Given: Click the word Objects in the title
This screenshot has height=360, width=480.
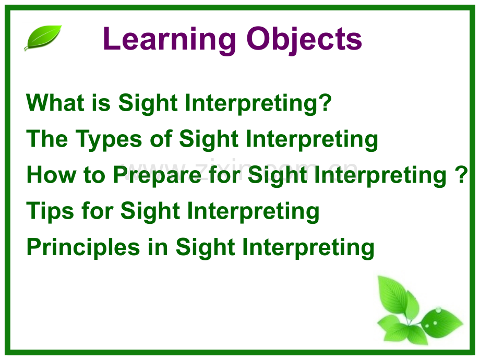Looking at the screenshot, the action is point(304,40).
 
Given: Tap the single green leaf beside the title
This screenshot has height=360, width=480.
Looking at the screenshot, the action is point(43,38).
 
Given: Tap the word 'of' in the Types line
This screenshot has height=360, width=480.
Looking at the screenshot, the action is point(161,138).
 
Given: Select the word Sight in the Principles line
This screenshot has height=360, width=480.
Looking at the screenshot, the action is point(205,247).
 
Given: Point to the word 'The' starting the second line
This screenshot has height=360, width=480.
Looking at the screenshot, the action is point(47,138).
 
